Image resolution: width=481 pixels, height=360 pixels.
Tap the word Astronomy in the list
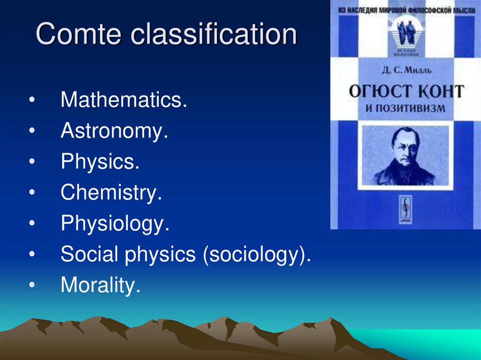(x=114, y=131)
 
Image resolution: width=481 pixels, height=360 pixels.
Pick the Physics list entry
(x=100, y=162)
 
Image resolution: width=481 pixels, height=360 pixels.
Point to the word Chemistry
(x=111, y=193)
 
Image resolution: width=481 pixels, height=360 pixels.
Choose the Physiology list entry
(x=115, y=224)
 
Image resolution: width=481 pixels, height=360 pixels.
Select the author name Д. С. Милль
(x=404, y=71)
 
